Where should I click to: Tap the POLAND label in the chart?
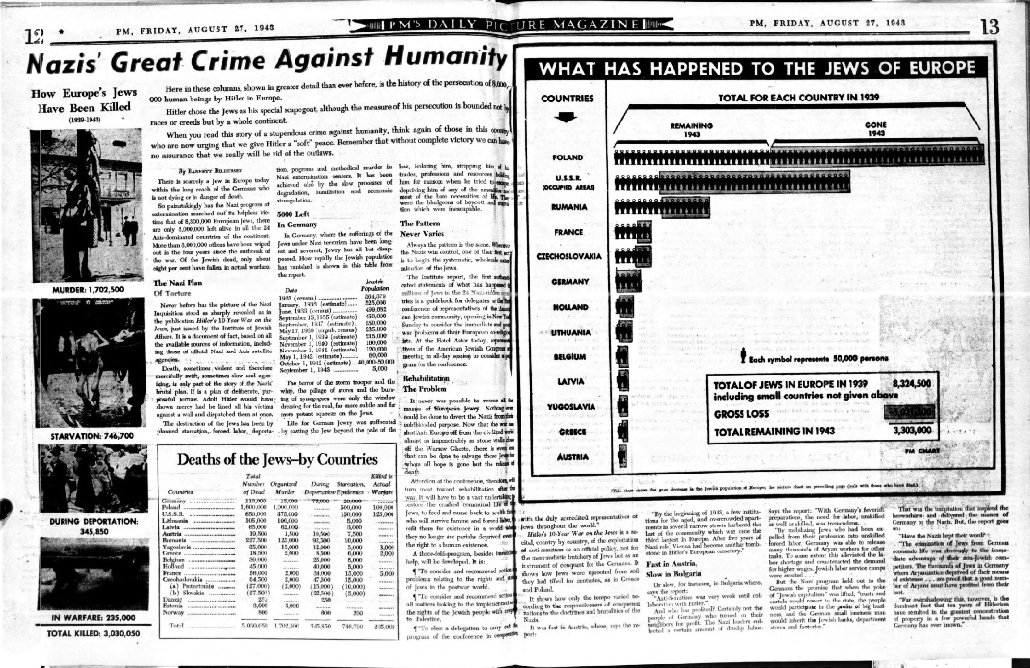point(567,157)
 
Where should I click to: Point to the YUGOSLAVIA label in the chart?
point(571,407)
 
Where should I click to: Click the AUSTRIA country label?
point(572,457)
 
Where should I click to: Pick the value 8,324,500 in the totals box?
point(912,384)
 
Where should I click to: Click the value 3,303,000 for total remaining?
point(912,430)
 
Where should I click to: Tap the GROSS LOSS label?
point(741,413)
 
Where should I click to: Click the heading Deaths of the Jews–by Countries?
point(277,459)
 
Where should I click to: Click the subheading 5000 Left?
point(293,214)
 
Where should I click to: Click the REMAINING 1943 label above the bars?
point(691,129)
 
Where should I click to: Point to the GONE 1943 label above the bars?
point(875,128)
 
